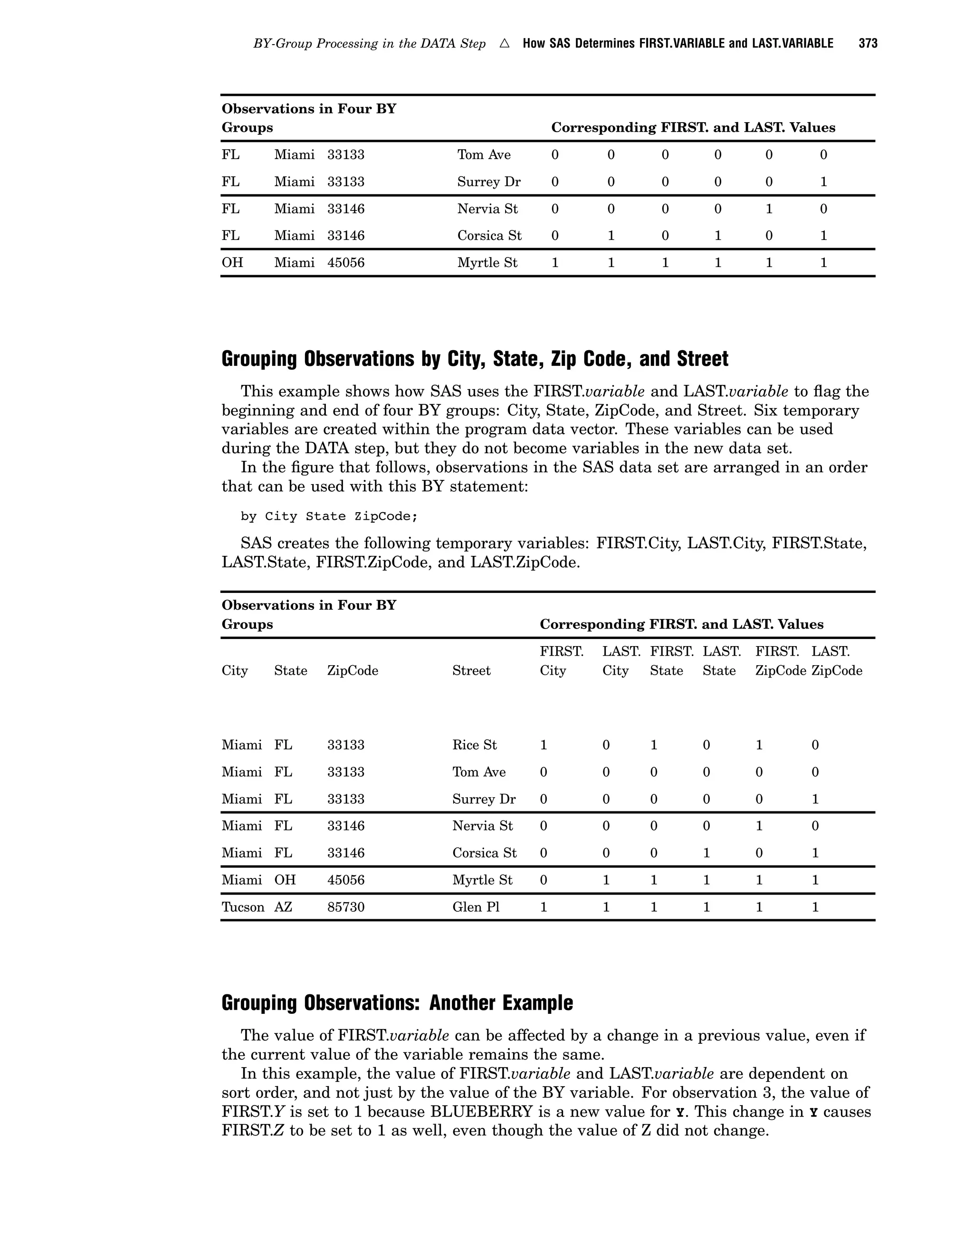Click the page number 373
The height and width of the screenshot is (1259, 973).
point(868,44)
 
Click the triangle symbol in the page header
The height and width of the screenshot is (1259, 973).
point(505,44)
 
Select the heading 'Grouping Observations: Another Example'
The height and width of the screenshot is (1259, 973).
point(397,1002)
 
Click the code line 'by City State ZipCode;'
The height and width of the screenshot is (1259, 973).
point(329,516)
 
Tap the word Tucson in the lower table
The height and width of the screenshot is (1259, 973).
point(243,907)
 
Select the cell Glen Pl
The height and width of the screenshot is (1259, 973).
point(476,907)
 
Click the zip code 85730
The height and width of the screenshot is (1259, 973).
point(346,907)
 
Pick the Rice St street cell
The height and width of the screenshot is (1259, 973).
point(475,745)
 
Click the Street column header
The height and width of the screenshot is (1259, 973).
point(471,670)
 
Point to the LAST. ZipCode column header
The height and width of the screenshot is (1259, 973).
point(836,661)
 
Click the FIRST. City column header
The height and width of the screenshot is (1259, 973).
point(562,661)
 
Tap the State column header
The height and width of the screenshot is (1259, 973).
point(290,670)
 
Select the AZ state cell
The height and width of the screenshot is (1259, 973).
point(283,907)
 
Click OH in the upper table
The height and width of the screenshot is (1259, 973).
point(232,263)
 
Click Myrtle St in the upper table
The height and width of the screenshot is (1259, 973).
point(487,263)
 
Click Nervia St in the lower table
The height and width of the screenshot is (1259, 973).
point(483,826)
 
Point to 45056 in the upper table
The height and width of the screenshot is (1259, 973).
point(346,263)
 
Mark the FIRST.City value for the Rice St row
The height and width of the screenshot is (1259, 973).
point(543,745)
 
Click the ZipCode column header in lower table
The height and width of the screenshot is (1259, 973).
point(352,670)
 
